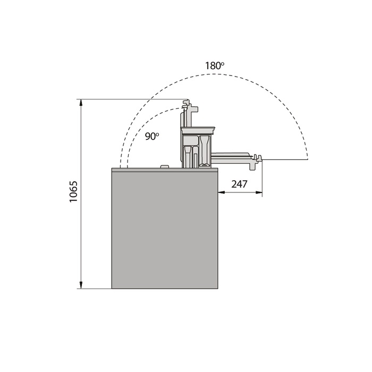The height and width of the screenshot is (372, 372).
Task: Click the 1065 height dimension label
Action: (x=73, y=192)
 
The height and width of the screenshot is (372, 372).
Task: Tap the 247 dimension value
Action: (x=239, y=184)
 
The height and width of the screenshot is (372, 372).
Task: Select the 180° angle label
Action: (x=215, y=66)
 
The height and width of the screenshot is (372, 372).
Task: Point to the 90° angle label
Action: (x=152, y=136)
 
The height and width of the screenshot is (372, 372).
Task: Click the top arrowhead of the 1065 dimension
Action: (x=81, y=103)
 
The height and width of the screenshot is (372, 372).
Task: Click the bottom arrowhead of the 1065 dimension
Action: (x=81, y=285)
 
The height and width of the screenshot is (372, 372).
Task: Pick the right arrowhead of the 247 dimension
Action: (x=259, y=192)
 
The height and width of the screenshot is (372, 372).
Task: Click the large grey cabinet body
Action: (x=165, y=230)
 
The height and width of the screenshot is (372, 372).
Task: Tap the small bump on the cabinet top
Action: (x=165, y=166)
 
